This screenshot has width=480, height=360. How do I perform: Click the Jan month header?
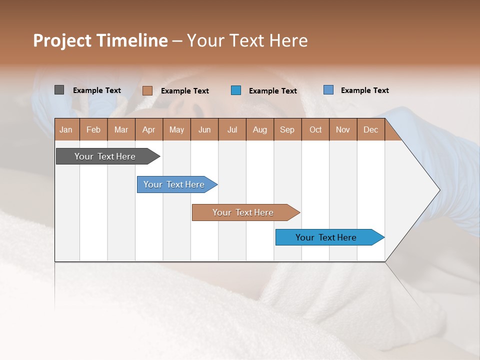click(x=66, y=129)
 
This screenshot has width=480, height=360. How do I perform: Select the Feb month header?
click(x=93, y=129)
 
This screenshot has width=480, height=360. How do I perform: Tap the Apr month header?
click(x=149, y=129)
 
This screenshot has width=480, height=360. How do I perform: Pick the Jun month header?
click(x=204, y=129)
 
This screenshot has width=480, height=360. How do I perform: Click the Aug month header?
click(x=260, y=129)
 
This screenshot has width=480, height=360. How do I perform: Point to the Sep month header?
click(x=287, y=129)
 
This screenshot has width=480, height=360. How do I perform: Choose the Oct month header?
click(x=315, y=129)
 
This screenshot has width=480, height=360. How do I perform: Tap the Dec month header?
click(x=371, y=129)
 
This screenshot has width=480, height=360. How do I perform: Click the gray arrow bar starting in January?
click(x=105, y=156)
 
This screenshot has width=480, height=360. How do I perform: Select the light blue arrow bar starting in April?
click(x=174, y=184)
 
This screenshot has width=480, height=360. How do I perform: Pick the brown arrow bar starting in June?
click(x=243, y=212)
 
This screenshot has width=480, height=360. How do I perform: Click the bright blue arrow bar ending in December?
click(x=326, y=237)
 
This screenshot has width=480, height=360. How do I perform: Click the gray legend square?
click(x=59, y=90)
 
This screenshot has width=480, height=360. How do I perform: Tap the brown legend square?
click(x=147, y=90)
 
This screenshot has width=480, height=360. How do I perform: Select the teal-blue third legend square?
click(x=236, y=90)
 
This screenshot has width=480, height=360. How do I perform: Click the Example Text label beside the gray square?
click(x=97, y=90)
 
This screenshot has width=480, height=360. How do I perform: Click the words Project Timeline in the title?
click(x=100, y=40)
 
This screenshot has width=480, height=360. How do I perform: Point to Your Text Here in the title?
click(x=247, y=40)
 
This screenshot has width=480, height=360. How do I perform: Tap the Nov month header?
click(x=343, y=129)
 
